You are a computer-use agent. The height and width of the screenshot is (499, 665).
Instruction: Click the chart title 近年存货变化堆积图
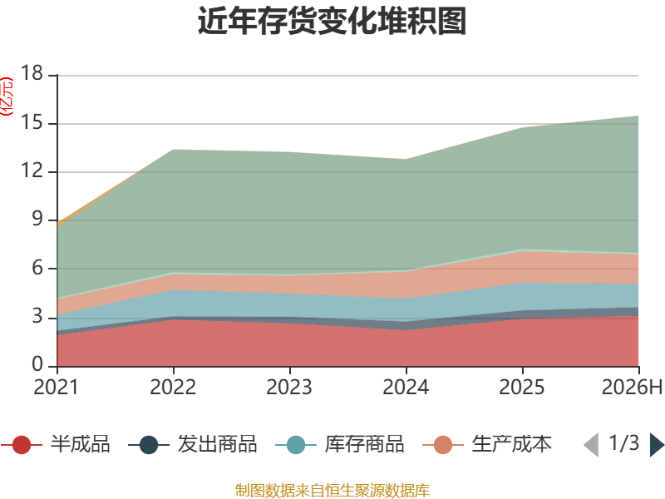tap(332, 21)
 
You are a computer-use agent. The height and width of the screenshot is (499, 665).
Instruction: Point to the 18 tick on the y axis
tap(32, 72)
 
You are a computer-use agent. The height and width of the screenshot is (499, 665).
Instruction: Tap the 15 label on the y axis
tap(32, 122)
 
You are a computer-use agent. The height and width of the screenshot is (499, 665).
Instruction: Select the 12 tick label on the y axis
tap(32, 170)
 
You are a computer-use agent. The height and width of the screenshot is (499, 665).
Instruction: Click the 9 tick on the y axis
tap(37, 219)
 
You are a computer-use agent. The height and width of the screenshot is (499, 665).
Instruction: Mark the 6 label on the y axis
tap(37, 268)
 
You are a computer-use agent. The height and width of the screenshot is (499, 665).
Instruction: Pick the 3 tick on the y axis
tap(37, 316)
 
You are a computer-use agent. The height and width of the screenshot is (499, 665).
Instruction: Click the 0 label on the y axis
tap(37, 364)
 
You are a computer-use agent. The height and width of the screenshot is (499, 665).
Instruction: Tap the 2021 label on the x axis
tap(57, 387)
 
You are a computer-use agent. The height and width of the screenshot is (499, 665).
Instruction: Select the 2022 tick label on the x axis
tap(173, 387)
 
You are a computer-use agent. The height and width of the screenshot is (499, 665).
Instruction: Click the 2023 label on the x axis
tap(289, 387)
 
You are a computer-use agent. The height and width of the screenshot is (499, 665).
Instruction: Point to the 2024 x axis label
tap(406, 387)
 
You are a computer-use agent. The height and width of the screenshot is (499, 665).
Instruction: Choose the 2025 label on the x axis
tap(522, 387)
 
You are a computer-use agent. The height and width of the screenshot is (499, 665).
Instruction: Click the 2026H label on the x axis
tap(633, 387)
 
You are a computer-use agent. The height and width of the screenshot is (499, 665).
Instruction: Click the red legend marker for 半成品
tap(22, 445)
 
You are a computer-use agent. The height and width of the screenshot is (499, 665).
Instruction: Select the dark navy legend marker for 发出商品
tap(149, 445)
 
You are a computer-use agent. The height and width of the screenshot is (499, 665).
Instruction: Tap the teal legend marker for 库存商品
tap(296, 445)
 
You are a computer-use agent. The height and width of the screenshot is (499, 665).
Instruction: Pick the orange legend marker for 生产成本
tap(443, 445)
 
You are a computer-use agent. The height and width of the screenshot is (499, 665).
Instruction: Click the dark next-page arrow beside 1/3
tap(657, 445)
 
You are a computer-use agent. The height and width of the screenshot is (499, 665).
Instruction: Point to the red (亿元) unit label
tap(7, 96)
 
